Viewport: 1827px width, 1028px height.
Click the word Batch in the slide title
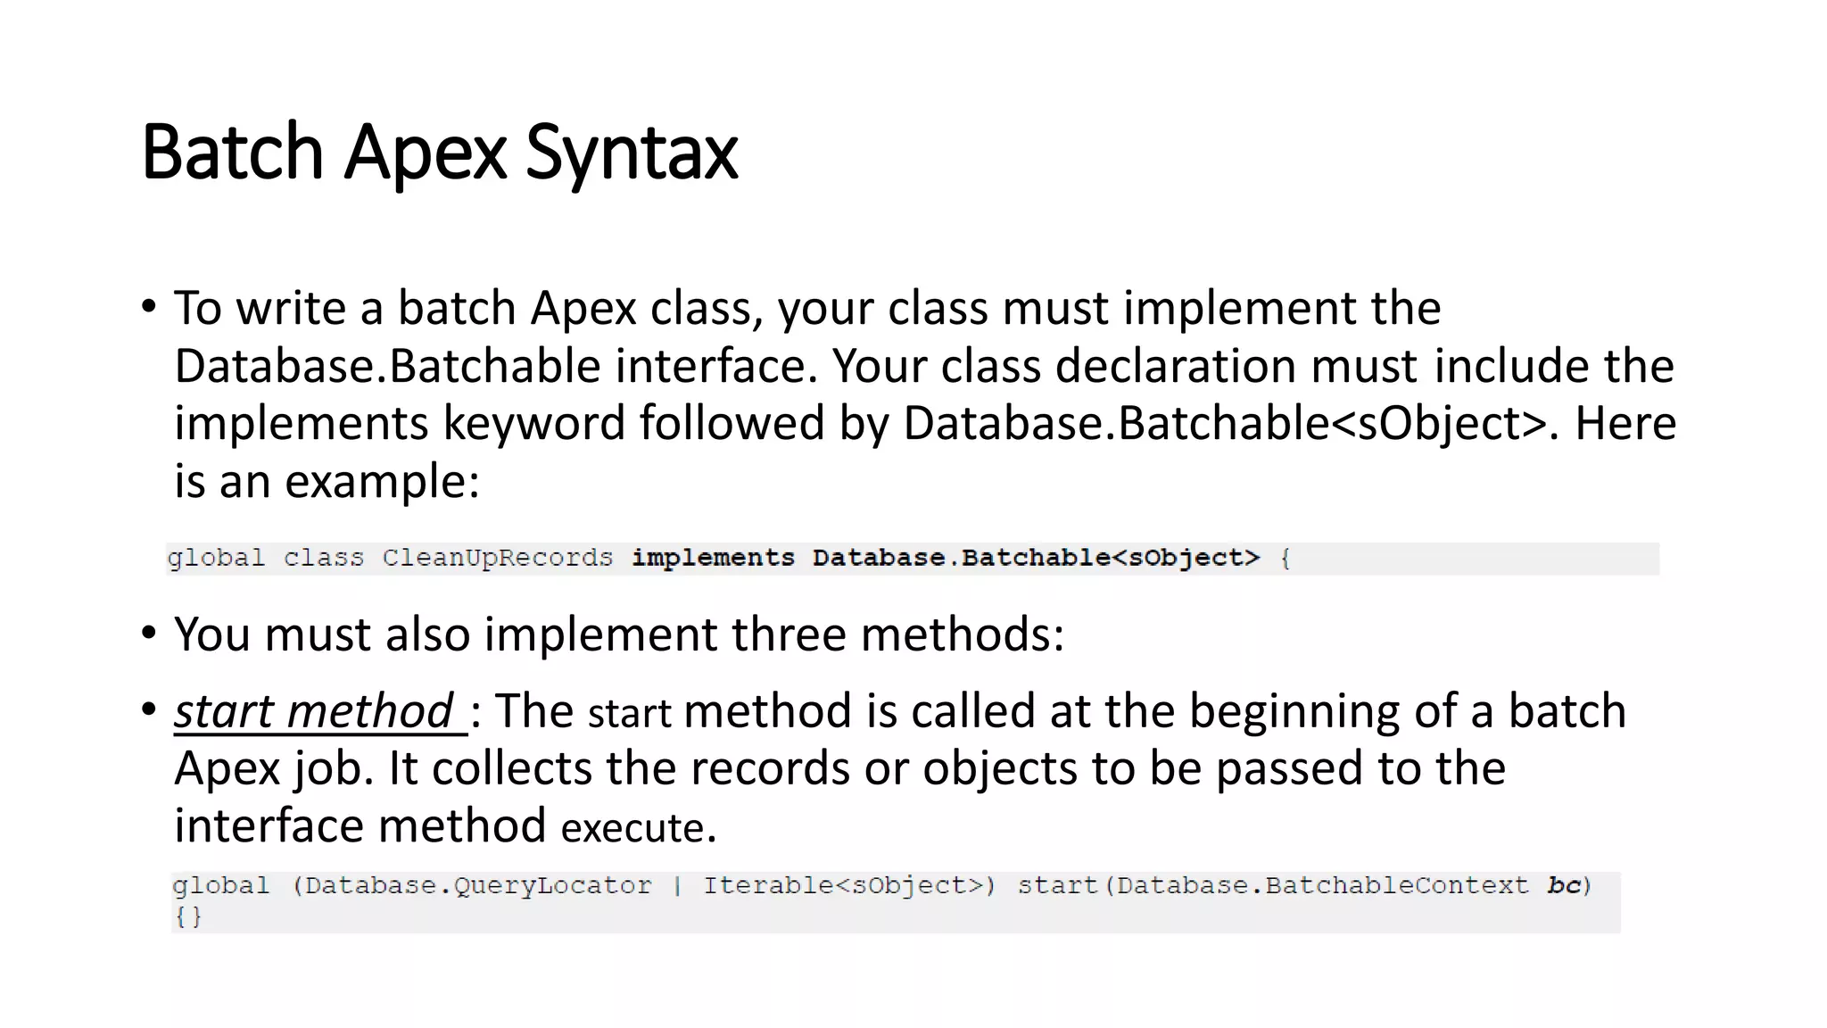tap(232, 153)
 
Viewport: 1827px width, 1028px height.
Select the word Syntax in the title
tap(632, 153)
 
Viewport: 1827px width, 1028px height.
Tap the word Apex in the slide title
tap(426, 153)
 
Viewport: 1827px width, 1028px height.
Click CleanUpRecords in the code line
tap(497, 559)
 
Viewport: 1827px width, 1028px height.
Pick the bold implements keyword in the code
tap(713, 559)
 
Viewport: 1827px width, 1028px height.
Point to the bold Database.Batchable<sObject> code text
tap(1036, 559)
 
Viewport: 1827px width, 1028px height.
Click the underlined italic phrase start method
tap(314, 711)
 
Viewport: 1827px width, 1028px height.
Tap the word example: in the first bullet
tap(382, 481)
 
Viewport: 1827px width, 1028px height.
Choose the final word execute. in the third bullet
tap(639, 827)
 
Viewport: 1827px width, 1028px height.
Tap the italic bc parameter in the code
tap(1563, 885)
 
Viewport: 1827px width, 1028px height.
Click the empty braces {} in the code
tap(188, 916)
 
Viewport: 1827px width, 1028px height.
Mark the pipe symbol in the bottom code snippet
tap(677, 886)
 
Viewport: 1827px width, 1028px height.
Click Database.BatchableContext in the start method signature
tap(1322, 886)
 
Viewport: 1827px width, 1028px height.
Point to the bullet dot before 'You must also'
tap(149, 633)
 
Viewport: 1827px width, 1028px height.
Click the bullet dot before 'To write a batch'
tap(149, 306)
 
